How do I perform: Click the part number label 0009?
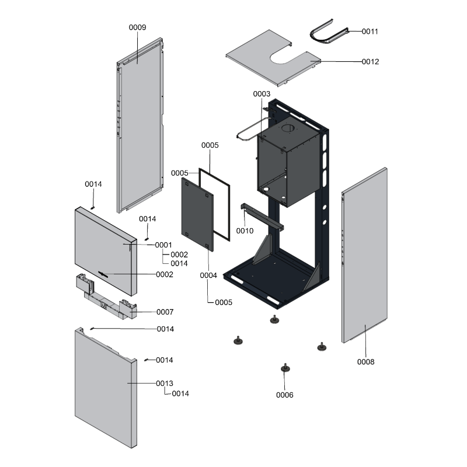pyautogui.click(x=137, y=27)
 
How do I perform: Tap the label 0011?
pyautogui.click(x=370, y=32)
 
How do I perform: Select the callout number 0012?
pyautogui.click(x=370, y=61)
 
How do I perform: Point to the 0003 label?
pyautogui.click(x=262, y=94)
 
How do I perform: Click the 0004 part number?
pyautogui.click(x=208, y=275)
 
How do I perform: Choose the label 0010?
pyautogui.click(x=245, y=231)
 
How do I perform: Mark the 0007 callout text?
pyautogui.click(x=165, y=312)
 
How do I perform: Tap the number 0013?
pyautogui.click(x=165, y=384)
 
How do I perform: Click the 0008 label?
pyautogui.click(x=366, y=362)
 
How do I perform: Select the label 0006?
pyautogui.click(x=285, y=395)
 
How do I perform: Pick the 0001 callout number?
pyautogui.click(x=163, y=245)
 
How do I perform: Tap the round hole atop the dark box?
pyautogui.click(x=289, y=128)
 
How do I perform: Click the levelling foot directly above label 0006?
pyautogui.click(x=284, y=368)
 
